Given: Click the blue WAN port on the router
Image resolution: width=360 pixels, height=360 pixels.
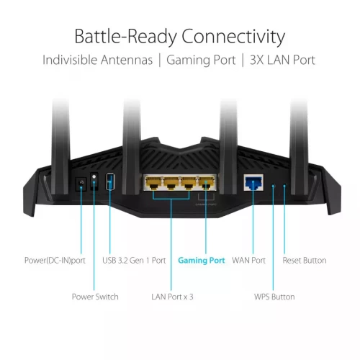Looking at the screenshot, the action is (x=253, y=182).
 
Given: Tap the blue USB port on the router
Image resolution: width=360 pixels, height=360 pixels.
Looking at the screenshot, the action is (x=110, y=181).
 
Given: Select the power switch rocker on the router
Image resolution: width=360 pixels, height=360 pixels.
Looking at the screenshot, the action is (x=94, y=181).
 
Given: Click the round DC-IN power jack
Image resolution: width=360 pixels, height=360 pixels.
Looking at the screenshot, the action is (x=81, y=184).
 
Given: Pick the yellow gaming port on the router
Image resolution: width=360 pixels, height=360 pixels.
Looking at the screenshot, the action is (x=207, y=183).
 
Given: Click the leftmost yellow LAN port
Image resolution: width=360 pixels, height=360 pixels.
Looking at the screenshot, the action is (x=153, y=183).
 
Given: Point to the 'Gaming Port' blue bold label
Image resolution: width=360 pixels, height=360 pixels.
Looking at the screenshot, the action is (x=202, y=261).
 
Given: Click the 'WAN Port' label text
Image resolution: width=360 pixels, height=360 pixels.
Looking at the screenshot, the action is (x=248, y=261).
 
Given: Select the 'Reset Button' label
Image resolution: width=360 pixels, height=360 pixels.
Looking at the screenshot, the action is (x=305, y=261).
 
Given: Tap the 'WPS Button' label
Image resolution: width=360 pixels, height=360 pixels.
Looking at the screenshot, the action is (x=274, y=297).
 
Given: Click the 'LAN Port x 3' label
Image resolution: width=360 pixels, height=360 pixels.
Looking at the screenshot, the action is (x=172, y=297).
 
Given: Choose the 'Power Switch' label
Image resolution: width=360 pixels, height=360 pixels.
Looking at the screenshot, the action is (x=95, y=297).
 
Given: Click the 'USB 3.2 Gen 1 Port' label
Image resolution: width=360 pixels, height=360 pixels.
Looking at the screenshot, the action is (x=134, y=261).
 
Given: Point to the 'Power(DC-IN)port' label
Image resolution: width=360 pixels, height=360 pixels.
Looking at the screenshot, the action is (x=55, y=261).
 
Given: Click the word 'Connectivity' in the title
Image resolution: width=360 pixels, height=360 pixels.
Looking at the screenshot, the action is (x=233, y=37).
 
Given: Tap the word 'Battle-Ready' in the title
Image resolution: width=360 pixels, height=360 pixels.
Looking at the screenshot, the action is (x=126, y=37).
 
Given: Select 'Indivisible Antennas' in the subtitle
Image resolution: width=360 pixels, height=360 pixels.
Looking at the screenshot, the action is (x=97, y=60).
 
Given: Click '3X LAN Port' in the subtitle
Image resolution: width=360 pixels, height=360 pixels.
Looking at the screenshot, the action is (x=282, y=60).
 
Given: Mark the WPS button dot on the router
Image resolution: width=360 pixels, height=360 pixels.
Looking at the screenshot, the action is (x=273, y=186).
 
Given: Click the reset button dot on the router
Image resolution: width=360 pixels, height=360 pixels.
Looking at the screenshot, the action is (x=284, y=186).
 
